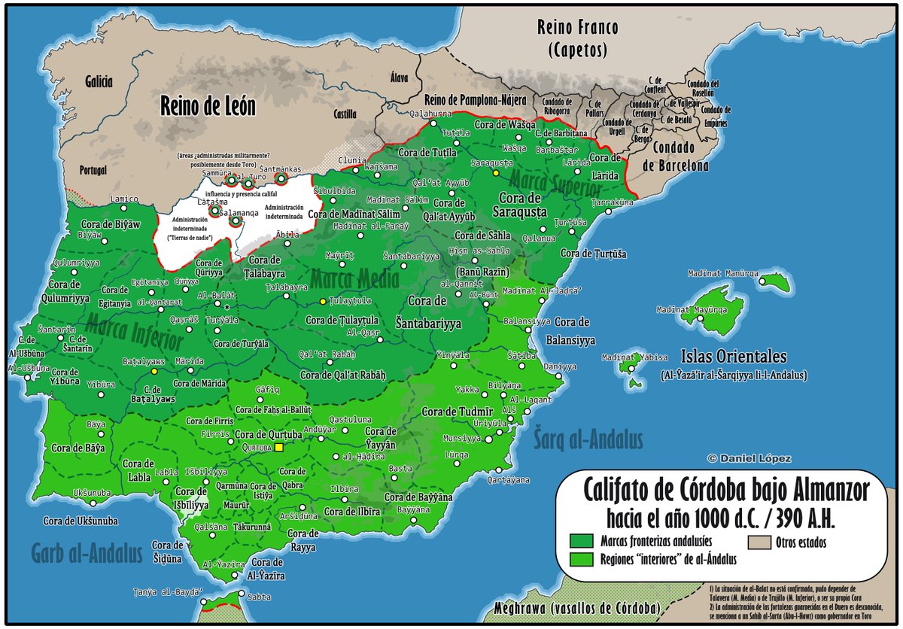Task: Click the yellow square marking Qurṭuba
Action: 278,447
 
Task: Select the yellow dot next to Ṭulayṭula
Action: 323,301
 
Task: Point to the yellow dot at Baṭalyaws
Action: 154,371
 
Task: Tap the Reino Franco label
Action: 577,38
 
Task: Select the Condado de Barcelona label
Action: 680,156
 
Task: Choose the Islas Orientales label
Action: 733,357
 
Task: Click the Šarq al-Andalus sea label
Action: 588,439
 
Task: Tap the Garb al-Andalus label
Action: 87,555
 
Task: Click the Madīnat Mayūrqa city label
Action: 686,309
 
